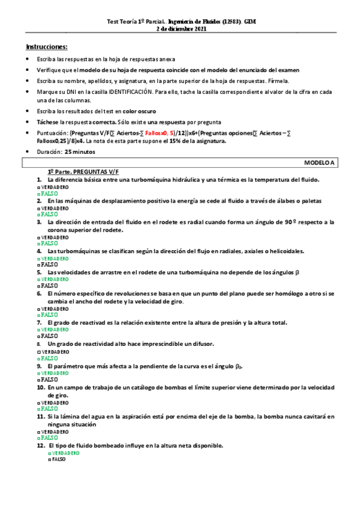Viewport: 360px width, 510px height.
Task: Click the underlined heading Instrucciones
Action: (x=47, y=46)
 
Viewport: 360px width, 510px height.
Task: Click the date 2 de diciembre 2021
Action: (x=181, y=28)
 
